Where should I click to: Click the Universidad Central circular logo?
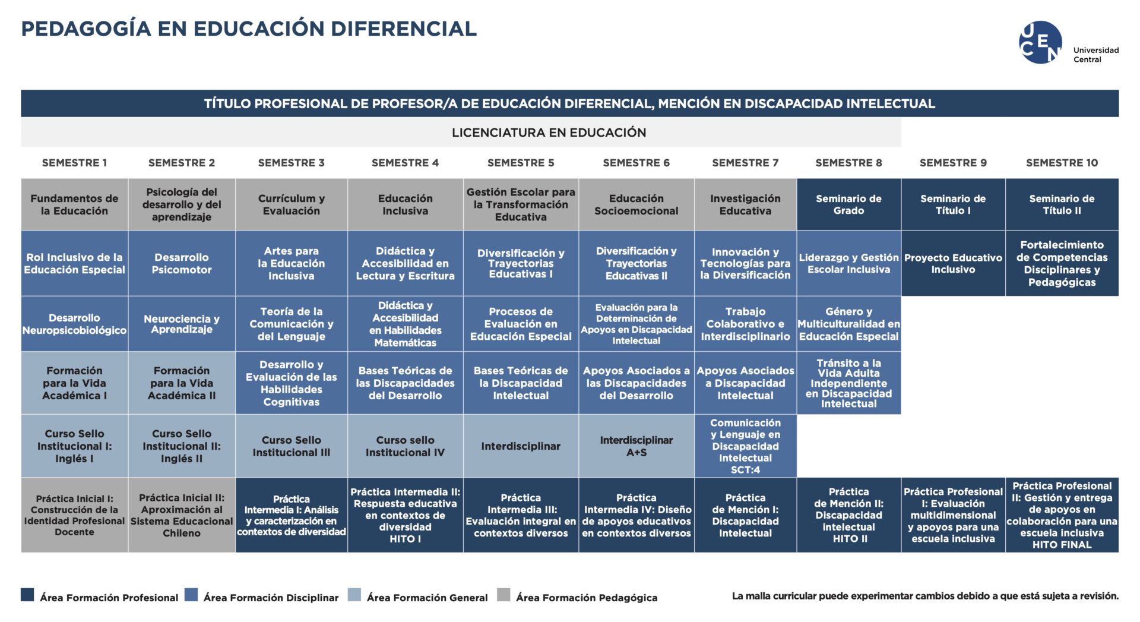click(x=1040, y=42)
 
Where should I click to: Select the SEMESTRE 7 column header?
click(x=745, y=163)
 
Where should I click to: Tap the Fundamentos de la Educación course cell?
click(x=75, y=204)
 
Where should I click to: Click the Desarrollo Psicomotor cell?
click(x=182, y=263)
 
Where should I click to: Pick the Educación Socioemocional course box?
click(x=636, y=204)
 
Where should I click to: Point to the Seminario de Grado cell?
click(x=849, y=204)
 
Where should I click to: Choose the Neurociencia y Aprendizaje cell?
click(x=182, y=324)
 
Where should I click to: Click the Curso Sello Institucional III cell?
click(x=292, y=446)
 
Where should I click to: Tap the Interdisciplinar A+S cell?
click(x=636, y=446)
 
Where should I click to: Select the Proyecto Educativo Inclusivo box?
click(x=953, y=263)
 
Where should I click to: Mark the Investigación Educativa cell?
click(x=746, y=204)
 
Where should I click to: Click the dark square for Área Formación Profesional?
click(x=27, y=595)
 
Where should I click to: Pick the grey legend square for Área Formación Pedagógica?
click(x=503, y=595)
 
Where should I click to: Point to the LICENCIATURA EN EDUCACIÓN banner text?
click(x=549, y=132)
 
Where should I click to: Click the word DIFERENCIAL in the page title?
click(x=404, y=29)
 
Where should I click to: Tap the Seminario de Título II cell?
click(x=1062, y=204)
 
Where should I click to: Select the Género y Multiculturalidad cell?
click(x=849, y=324)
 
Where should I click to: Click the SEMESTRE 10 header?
click(x=1062, y=163)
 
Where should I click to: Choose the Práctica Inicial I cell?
click(x=75, y=515)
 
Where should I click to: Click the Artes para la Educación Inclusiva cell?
click(x=292, y=263)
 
